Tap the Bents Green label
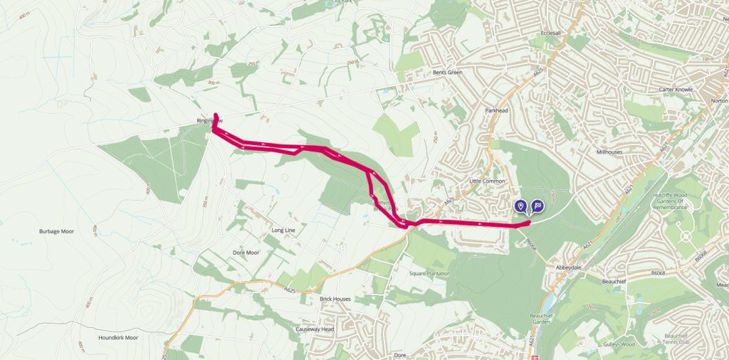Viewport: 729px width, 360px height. [449, 72]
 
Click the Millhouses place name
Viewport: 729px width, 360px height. [610, 152]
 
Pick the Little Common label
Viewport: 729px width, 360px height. [487, 181]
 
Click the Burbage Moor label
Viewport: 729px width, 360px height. [56, 232]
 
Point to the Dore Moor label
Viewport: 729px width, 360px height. [246, 253]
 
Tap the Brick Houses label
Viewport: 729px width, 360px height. [335, 299]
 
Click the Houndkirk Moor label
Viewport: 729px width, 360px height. [118, 337]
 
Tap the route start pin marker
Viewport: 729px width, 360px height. [521, 206]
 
